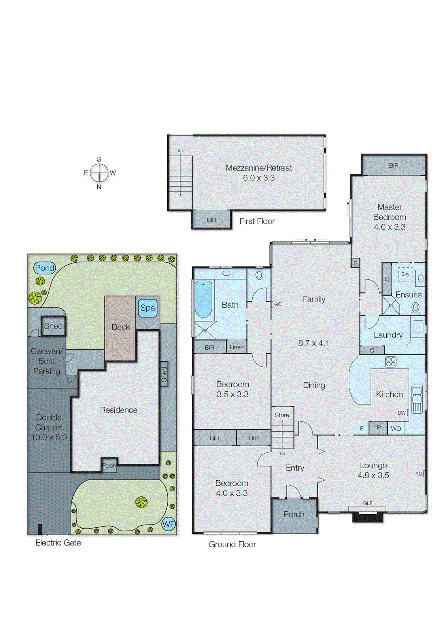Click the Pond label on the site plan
tap(44, 268)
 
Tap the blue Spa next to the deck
tap(148, 308)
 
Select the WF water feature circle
tap(168, 524)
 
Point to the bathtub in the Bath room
tap(204, 299)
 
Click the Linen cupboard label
tap(236, 347)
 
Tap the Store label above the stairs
tap(282, 415)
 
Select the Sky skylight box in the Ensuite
tap(405, 274)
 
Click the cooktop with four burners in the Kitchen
tap(391, 362)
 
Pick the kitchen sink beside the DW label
tap(417, 399)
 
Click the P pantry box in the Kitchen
tap(378, 428)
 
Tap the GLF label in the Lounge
tap(368, 503)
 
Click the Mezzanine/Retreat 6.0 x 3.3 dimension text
tap(259, 178)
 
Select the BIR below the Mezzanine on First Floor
tap(211, 220)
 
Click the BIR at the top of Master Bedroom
tap(394, 165)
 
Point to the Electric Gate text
tap(58, 543)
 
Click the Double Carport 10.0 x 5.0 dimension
tap(49, 438)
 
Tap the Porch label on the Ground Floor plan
tap(294, 514)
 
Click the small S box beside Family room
tap(355, 263)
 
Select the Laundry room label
tap(388, 335)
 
